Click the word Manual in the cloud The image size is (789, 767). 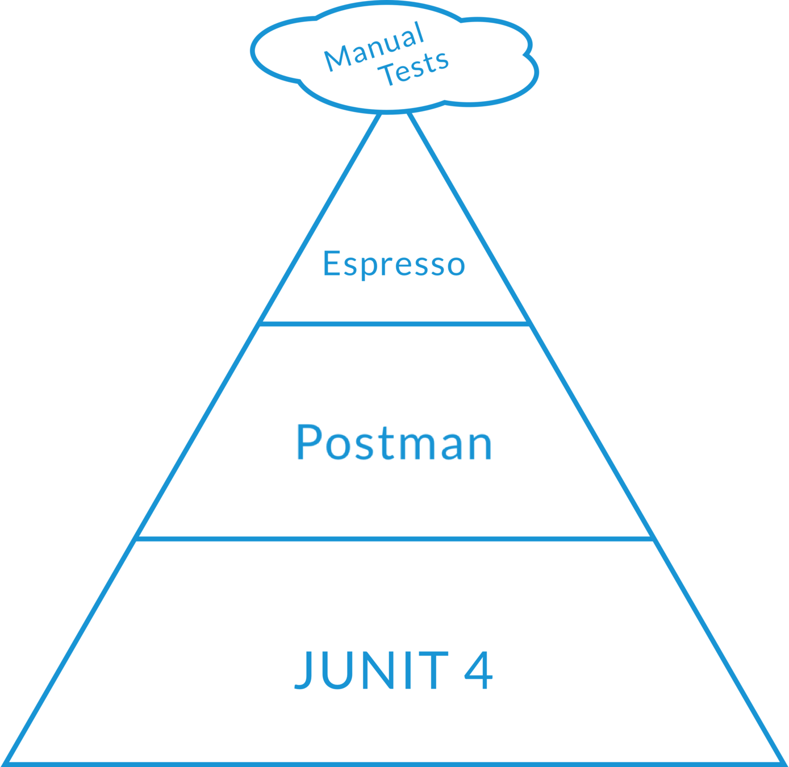point(374,47)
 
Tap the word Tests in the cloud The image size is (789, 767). point(416,68)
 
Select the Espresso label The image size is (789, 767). point(394,264)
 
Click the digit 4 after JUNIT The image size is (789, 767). point(478,670)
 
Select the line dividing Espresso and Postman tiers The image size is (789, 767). point(395,323)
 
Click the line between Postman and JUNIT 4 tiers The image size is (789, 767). point(395,537)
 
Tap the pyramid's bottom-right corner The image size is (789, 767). point(782,761)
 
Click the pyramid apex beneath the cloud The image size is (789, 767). point(394,114)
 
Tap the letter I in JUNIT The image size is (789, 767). point(412,670)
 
